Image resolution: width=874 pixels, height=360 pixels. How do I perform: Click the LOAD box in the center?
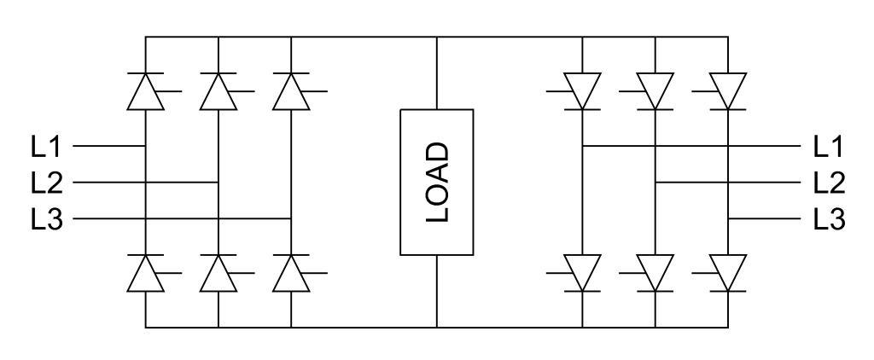[x=436, y=182]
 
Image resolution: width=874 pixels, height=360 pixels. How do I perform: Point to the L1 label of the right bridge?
[x=829, y=147]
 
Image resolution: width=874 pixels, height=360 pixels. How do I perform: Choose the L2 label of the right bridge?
[x=829, y=183]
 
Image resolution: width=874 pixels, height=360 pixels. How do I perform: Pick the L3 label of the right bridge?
[x=829, y=219]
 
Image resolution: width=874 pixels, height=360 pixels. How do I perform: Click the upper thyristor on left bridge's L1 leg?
[x=146, y=91]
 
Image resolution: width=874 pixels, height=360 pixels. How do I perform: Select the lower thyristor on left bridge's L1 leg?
[x=146, y=274]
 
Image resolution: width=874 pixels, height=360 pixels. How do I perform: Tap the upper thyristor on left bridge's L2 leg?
[x=218, y=91]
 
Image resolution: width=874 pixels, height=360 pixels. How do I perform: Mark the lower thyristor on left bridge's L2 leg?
[x=218, y=274]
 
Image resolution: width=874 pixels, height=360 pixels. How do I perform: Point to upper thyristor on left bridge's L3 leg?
[x=291, y=91]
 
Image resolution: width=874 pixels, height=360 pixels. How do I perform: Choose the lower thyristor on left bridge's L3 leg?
[x=291, y=274]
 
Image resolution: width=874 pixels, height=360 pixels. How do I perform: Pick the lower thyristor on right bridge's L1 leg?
[x=582, y=274]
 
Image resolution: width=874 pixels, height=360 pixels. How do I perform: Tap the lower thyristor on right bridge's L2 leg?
[x=655, y=274]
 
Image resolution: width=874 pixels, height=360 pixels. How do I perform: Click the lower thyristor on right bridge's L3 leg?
[x=728, y=274]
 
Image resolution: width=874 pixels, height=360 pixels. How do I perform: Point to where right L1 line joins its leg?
[x=582, y=146]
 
